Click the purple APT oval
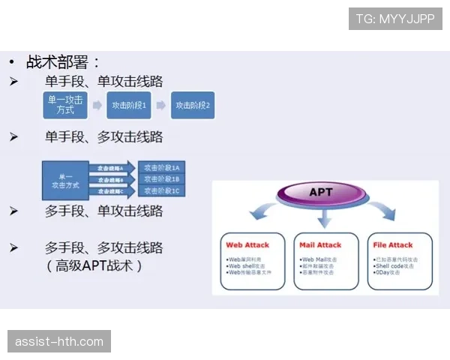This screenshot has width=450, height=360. coord(322,193)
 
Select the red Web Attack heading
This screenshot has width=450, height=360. coord(247,244)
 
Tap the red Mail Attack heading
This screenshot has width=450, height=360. coord(320,244)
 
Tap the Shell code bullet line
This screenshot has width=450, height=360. coord(394,265)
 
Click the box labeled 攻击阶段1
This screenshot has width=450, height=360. coord(129,106)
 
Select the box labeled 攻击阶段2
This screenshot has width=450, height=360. coord(193,106)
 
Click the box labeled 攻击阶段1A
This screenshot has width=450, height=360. coord(162,167)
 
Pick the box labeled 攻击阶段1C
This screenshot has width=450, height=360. coord(162,191)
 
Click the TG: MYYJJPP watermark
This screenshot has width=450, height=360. coord(395,19)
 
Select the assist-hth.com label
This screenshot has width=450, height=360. coord(60,342)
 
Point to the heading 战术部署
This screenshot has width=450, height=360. coord(63,61)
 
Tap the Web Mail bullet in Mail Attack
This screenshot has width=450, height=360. coord(319,259)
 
